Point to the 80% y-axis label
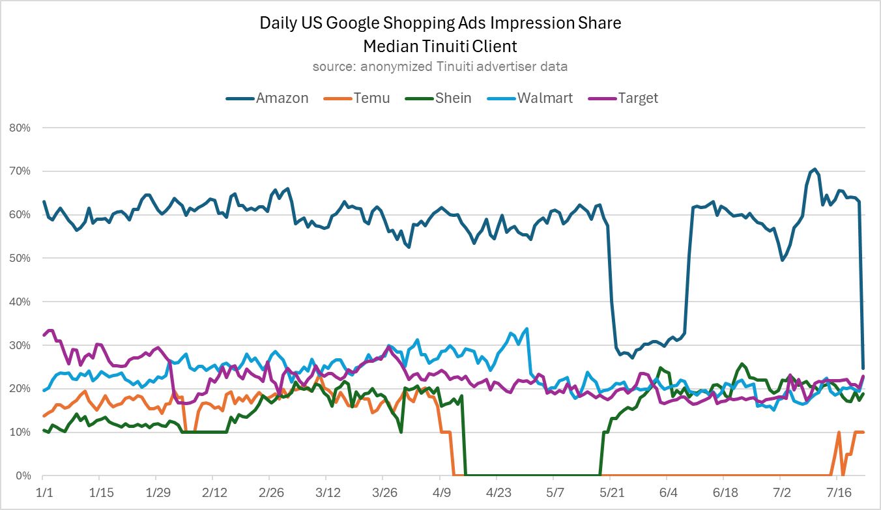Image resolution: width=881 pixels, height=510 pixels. click(x=20, y=128)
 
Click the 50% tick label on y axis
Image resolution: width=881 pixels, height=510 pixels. click(x=20, y=258)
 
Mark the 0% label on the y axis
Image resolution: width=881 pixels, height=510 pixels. click(x=23, y=475)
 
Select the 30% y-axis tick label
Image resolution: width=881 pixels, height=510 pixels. click(x=20, y=345)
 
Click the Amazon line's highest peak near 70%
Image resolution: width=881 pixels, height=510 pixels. click(x=815, y=169)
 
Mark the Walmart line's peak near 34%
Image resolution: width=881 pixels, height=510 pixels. click(x=527, y=328)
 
